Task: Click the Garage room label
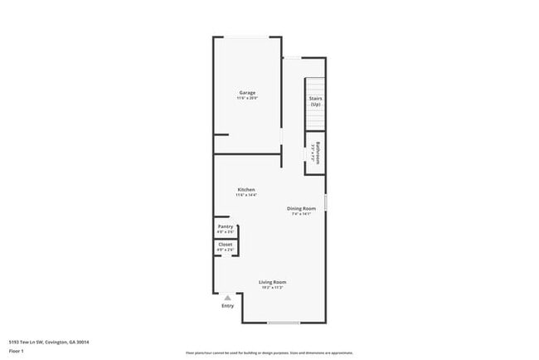(x=247, y=92)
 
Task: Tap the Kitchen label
(x=246, y=189)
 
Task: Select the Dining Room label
(x=301, y=208)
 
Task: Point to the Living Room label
(x=273, y=283)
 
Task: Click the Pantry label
(x=226, y=226)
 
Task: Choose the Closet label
(x=226, y=245)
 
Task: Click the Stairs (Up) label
(x=315, y=101)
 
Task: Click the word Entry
(x=228, y=306)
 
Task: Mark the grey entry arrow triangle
(x=228, y=297)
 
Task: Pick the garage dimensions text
(x=247, y=98)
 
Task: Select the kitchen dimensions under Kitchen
(x=246, y=195)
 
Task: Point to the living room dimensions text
(x=273, y=288)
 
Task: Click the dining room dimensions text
(x=301, y=214)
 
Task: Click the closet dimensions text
(x=226, y=250)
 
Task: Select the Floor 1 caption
(x=17, y=352)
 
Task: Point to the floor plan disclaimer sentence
(x=269, y=352)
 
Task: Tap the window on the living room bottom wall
(x=284, y=323)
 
